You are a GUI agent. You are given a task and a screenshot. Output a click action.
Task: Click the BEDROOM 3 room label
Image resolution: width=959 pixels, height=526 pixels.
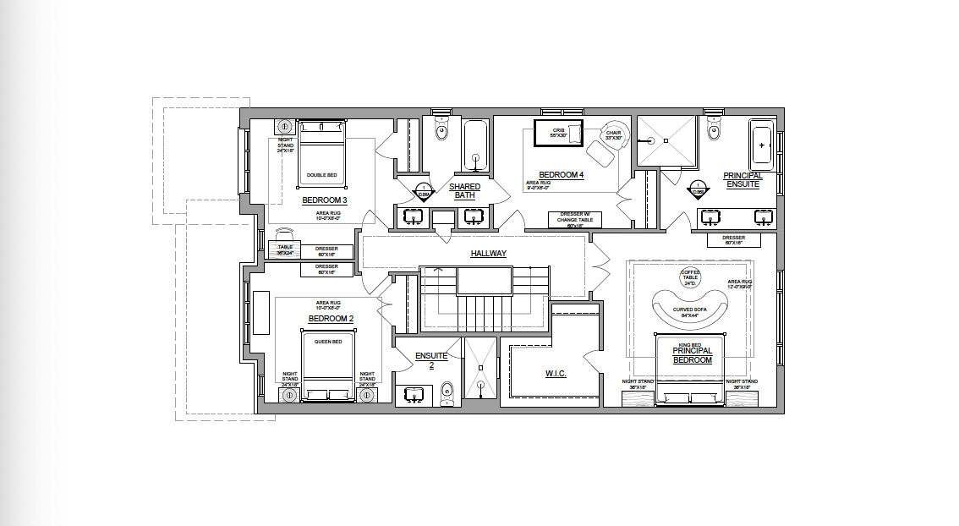pos(325,200)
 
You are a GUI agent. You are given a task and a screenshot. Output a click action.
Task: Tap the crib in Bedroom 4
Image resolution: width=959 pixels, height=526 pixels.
pos(558,133)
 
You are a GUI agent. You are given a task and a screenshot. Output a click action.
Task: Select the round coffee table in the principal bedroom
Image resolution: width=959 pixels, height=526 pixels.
pos(690,277)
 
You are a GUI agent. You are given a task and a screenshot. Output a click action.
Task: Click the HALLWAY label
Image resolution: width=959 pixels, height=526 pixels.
pos(488,253)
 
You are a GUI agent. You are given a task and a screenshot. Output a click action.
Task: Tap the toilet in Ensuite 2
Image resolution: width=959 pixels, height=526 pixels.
pos(447,392)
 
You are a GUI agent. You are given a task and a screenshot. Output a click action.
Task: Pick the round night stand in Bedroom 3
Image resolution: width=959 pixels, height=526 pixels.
pos(286,127)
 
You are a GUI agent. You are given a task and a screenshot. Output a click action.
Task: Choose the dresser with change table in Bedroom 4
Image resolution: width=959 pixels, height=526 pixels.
pos(576,219)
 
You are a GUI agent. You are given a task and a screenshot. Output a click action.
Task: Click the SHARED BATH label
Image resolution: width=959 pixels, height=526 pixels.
pos(464,191)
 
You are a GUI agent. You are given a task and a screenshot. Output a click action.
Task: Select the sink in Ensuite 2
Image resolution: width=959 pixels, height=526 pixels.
pos(414,394)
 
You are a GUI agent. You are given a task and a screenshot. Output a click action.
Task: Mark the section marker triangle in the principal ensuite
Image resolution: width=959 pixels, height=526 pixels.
pos(698,190)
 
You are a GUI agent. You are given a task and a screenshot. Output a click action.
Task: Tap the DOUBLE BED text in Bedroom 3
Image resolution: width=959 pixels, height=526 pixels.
pos(321,175)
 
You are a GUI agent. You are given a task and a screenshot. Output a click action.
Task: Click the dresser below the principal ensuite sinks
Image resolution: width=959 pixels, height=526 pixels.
pos(733,240)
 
